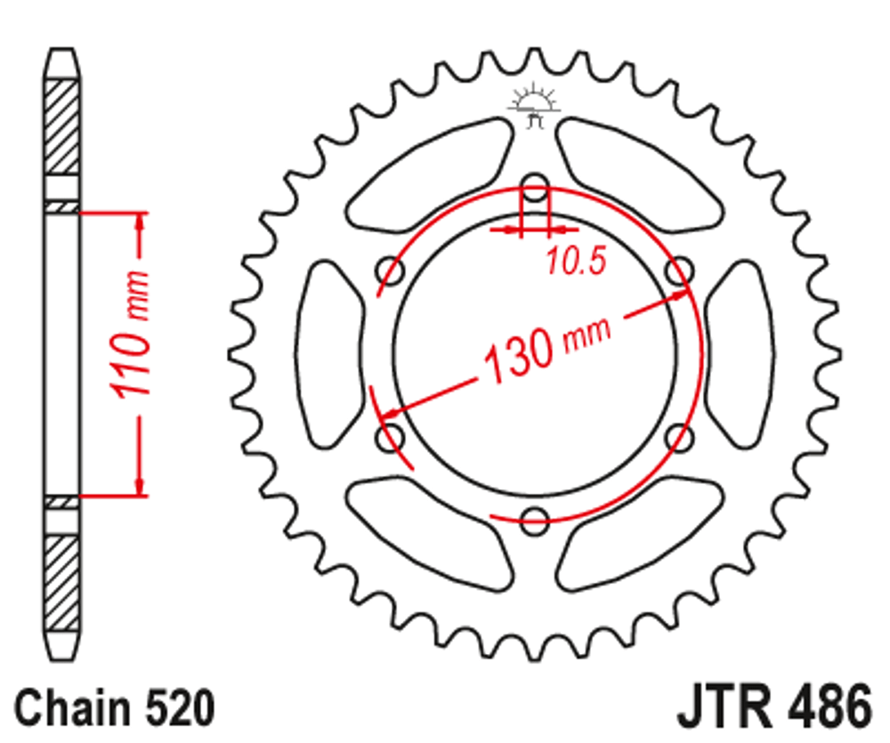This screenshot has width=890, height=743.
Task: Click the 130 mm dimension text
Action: coord(545,348)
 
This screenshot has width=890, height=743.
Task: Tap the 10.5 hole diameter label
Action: coord(575,261)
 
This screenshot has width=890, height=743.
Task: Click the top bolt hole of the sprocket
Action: coord(534,189)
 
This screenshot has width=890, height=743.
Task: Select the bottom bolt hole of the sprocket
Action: coord(534,521)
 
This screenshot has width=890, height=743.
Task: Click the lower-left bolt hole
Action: coord(390,438)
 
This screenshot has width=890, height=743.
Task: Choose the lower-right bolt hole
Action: coord(679,438)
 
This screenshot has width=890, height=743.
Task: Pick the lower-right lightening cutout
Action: coord(641,534)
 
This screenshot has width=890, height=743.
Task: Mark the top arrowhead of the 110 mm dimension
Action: coord(140,222)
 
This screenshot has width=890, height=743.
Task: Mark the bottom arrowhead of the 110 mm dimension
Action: coord(140,485)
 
